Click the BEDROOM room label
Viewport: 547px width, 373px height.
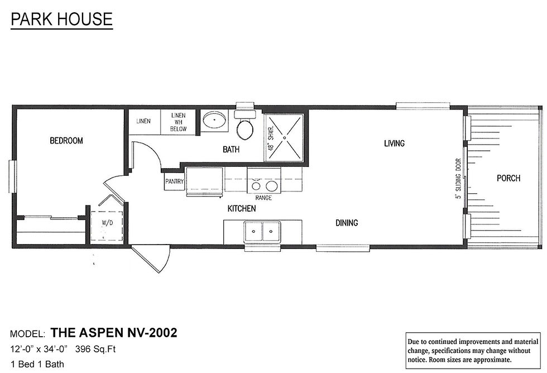(x=66, y=141)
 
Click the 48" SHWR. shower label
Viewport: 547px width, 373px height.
(x=271, y=137)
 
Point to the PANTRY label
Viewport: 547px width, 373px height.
(x=174, y=181)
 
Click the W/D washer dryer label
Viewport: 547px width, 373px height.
(x=107, y=222)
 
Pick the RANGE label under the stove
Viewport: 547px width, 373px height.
(x=263, y=198)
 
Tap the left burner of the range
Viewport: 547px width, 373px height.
(x=256, y=186)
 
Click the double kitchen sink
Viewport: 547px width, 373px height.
(x=263, y=231)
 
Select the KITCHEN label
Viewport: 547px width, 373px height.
(x=242, y=209)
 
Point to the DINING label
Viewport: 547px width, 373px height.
(x=347, y=223)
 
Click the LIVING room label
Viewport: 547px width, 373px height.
(x=394, y=143)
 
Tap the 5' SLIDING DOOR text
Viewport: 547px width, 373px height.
(x=458, y=179)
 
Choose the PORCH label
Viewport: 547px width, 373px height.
(x=508, y=178)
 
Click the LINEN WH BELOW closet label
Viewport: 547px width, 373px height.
(x=178, y=122)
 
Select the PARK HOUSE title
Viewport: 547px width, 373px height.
(x=62, y=19)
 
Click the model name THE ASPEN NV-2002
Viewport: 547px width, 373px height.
(x=114, y=333)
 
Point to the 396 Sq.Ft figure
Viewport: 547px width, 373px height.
(x=95, y=349)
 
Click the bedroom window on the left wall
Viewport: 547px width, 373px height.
(x=12, y=176)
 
